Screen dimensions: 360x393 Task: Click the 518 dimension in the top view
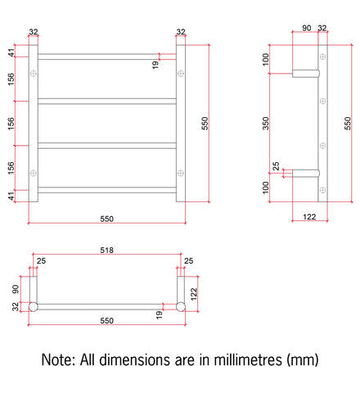pyautogui.click(x=106, y=250)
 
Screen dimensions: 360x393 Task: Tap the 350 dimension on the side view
pyautogui.click(x=266, y=124)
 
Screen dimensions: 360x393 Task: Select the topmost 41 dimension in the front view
pyautogui.click(x=11, y=52)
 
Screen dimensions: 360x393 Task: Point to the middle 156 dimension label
pyautogui.click(x=11, y=124)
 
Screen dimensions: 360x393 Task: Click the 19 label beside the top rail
pyautogui.click(x=155, y=65)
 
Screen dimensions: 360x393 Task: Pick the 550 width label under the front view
pyautogui.click(x=106, y=219)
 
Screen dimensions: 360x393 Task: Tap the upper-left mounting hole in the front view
pyautogui.click(x=34, y=74)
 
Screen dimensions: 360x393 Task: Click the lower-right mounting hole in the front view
pyautogui.click(x=181, y=173)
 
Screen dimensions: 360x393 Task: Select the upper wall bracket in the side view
pyautogui.click(x=306, y=74)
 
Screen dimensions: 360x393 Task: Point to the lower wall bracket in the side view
pyautogui.click(x=306, y=174)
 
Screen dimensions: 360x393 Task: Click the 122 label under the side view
pyautogui.click(x=309, y=217)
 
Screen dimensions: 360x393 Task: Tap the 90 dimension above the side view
pyautogui.click(x=307, y=28)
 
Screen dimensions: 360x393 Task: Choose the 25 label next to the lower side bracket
pyautogui.click(x=276, y=166)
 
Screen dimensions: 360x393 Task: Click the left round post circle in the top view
pyautogui.click(x=33, y=307)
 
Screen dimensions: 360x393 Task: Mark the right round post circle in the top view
pyautogui.click(x=181, y=307)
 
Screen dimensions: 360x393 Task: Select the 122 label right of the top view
pyautogui.click(x=194, y=294)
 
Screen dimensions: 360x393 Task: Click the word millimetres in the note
pyautogui.click(x=248, y=359)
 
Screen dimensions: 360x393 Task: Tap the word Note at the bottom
pyautogui.click(x=58, y=359)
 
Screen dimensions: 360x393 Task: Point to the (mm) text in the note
pyautogui.click(x=303, y=360)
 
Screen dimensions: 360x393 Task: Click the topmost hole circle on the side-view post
pyautogui.click(x=322, y=56)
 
